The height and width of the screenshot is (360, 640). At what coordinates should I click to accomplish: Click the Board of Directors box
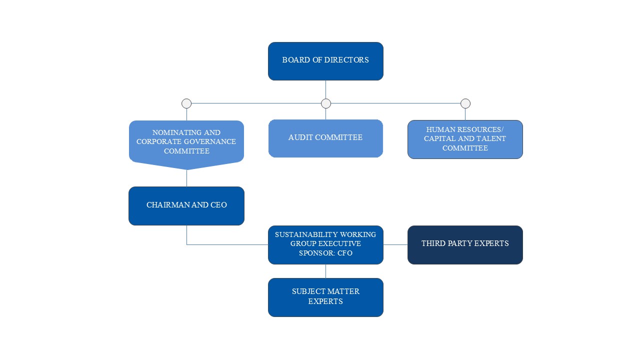coord(325,61)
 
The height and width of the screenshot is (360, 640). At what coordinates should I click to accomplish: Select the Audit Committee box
coord(325,138)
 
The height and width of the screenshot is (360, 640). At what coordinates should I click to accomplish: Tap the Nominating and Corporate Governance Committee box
coord(186,141)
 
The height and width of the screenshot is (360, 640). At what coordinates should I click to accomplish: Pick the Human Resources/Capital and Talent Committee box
coord(465,139)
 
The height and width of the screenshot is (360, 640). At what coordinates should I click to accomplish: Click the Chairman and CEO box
coord(186,205)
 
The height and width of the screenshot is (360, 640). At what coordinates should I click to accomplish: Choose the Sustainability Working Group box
coord(325,244)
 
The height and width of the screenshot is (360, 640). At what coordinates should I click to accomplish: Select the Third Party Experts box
coord(465,244)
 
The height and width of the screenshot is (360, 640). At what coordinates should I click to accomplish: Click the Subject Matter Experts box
coord(325,297)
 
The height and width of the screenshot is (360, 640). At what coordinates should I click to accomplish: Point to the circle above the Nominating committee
coord(186,103)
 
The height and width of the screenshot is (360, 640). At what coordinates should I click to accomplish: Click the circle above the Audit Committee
coord(326,103)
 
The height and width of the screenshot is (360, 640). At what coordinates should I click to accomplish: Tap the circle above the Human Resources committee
coord(465,103)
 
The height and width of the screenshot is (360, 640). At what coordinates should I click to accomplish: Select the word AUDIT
coord(300,137)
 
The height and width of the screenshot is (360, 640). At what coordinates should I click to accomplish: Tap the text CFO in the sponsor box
coord(345,253)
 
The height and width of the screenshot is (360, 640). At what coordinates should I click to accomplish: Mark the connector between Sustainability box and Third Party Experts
coord(395,244)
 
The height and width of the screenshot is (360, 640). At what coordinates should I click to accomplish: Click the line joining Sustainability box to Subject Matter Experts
coord(325,271)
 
